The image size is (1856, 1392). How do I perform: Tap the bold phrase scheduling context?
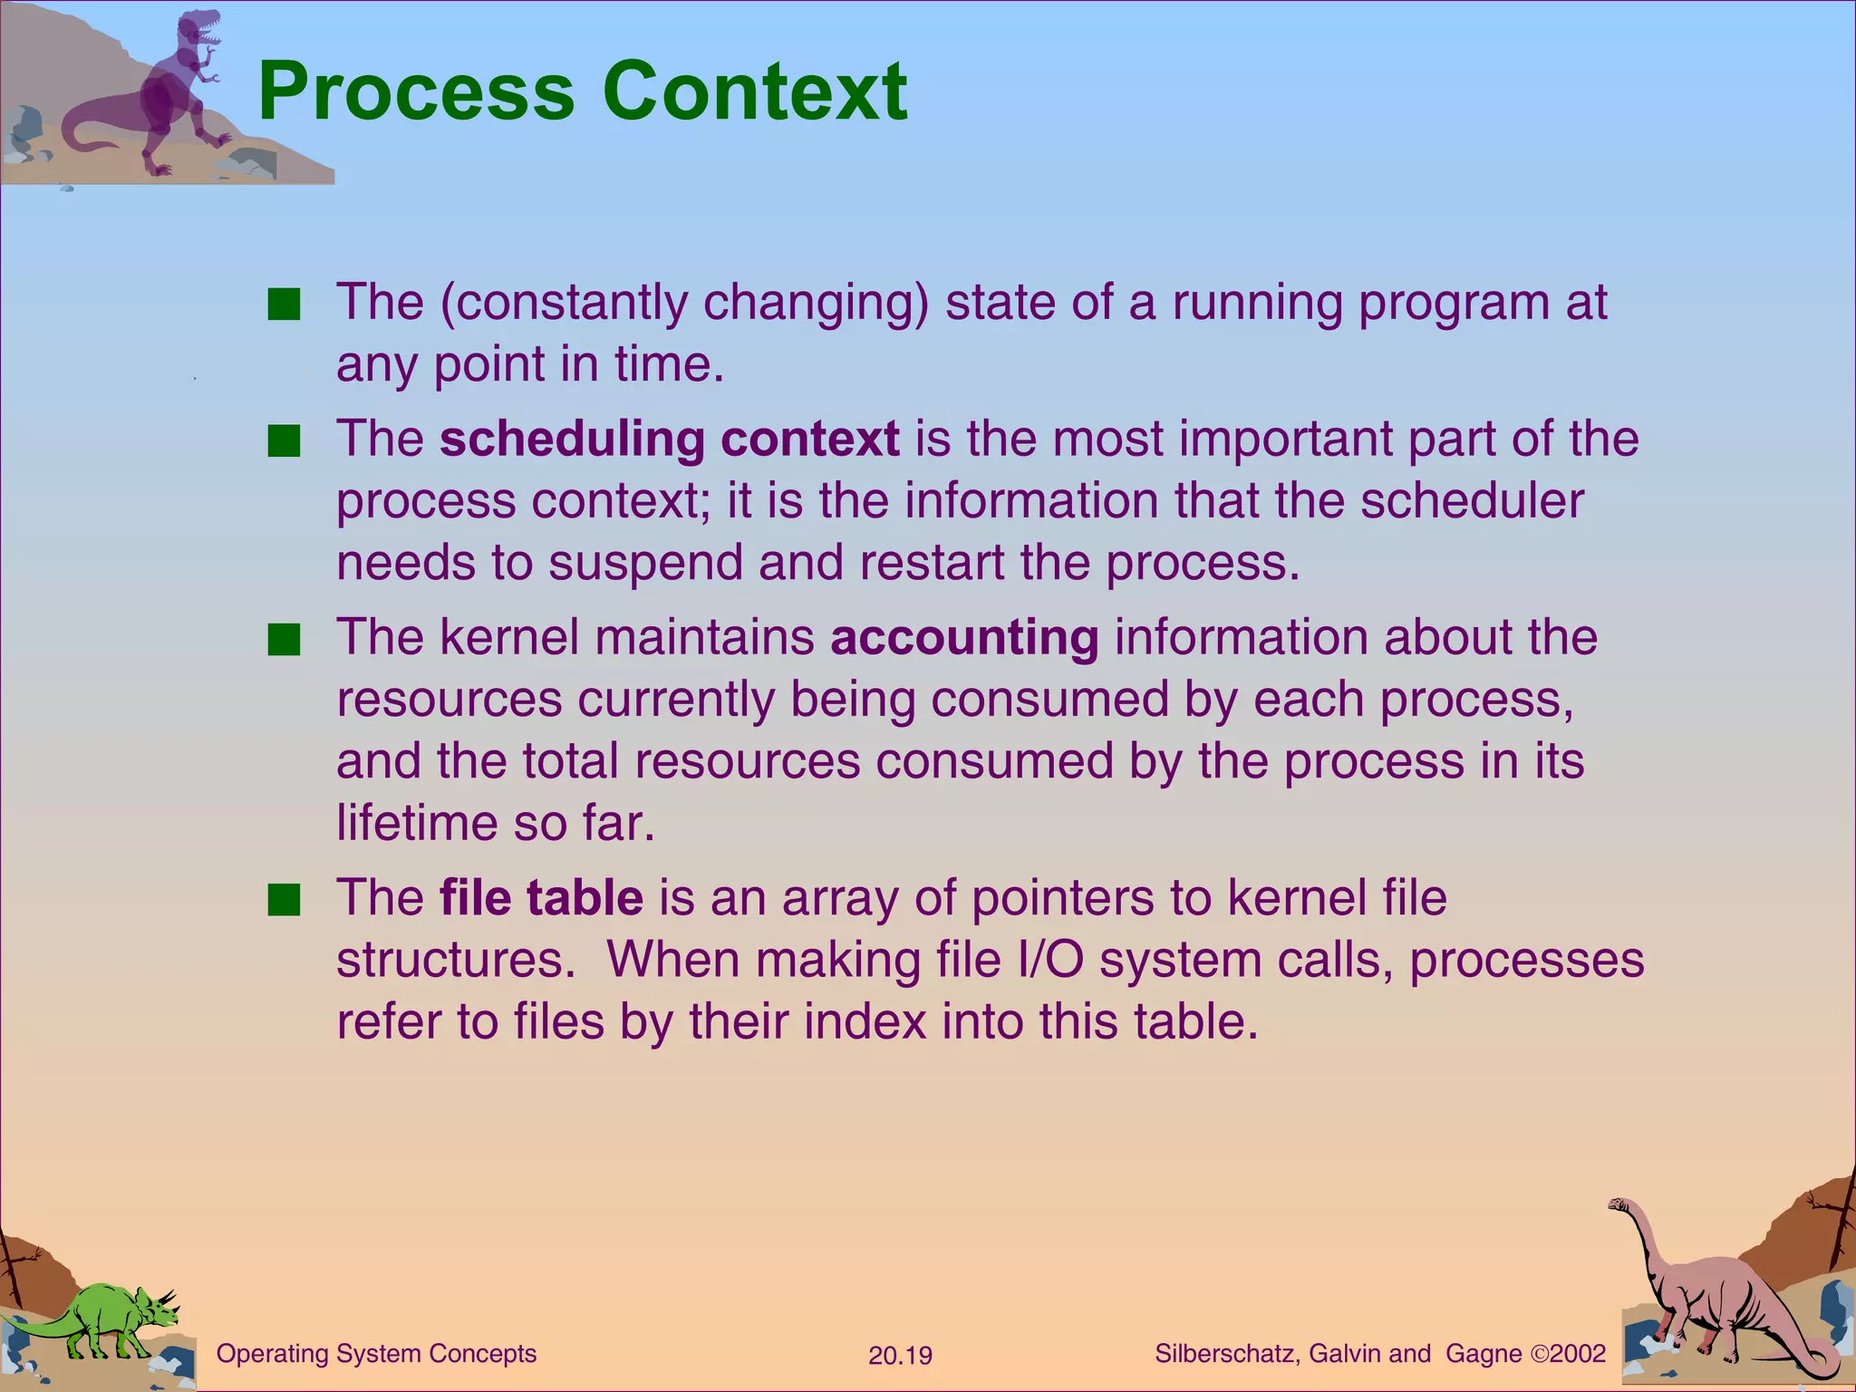669,439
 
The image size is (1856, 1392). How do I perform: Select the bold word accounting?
964,637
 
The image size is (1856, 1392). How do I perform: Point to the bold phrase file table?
541,897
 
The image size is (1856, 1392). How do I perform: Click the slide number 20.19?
900,1356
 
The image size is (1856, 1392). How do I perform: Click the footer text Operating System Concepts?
376,1354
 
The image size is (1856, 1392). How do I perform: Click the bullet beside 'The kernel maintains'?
284,640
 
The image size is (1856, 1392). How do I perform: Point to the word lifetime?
417,823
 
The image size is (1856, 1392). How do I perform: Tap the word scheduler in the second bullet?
1472,501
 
